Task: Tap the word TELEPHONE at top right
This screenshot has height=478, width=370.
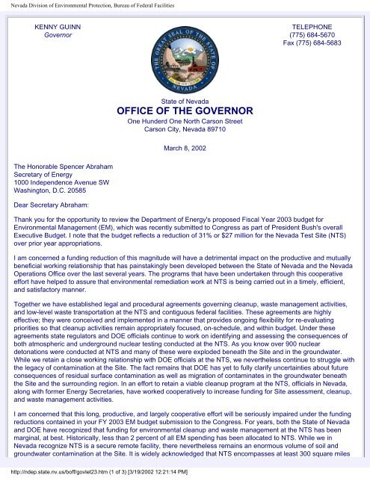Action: (318, 26)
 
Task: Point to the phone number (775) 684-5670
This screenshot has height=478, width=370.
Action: (318, 35)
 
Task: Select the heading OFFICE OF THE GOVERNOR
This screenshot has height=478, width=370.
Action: (184, 111)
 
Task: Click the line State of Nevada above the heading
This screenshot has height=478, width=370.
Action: (184, 99)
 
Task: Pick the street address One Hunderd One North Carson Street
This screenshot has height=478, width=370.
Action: (184, 121)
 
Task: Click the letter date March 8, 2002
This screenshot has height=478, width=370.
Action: (184, 148)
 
